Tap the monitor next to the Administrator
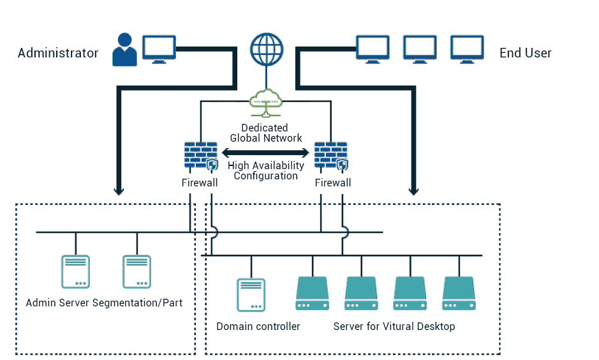click(158, 49)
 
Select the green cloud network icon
click(265, 102)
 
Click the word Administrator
click(58, 53)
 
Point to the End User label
click(525, 53)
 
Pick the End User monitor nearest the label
click(468, 49)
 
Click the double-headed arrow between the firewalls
click(265, 153)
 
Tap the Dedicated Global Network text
click(265, 133)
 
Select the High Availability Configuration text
click(265, 170)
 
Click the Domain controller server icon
click(251, 294)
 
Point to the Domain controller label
click(258, 327)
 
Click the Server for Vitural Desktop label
click(394, 327)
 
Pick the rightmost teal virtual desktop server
click(459, 294)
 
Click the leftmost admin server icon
click(75, 272)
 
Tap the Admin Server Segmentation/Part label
click(104, 303)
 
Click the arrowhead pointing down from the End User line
click(413, 190)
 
